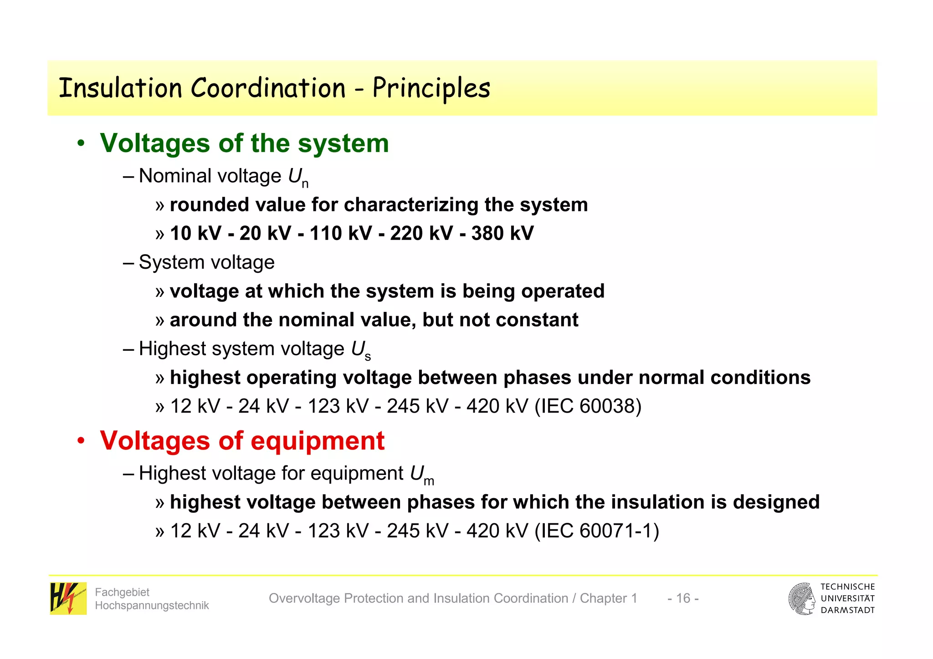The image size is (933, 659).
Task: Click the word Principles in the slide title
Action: [x=431, y=88]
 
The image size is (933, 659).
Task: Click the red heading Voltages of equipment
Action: [x=242, y=441]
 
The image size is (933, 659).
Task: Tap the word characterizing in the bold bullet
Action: [x=411, y=205]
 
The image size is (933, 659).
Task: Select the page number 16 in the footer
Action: [x=683, y=598]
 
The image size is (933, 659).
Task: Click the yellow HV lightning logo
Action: [x=68, y=598]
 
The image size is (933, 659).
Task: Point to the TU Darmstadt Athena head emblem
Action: [x=802, y=598]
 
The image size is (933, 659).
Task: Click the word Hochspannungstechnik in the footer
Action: [x=152, y=605]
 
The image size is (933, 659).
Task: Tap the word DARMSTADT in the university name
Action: [x=847, y=610]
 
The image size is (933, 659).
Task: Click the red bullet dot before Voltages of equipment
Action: [x=81, y=441]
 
